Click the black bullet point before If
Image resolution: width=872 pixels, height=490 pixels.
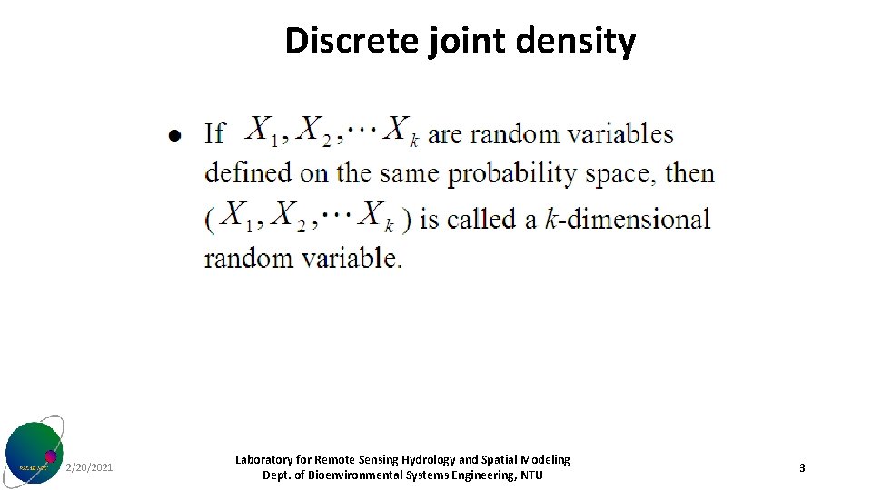(174, 136)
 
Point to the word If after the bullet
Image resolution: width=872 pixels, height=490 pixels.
(214, 133)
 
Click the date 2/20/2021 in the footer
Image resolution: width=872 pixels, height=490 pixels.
(90, 467)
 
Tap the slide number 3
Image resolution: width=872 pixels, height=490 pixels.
(802, 468)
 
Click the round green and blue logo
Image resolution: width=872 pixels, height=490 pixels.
(35, 452)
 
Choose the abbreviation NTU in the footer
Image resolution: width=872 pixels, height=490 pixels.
(531, 475)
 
